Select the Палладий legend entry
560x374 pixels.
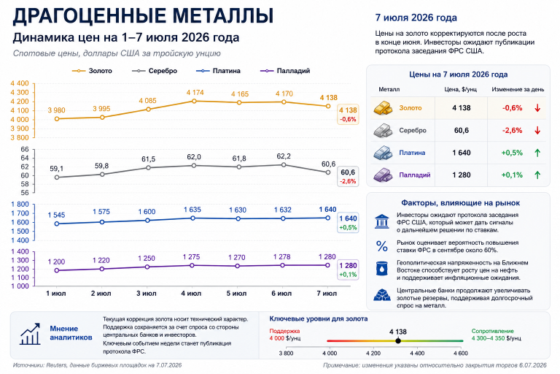[285, 71]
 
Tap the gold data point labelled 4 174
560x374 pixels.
[194, 101]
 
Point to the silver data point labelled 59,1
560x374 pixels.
[57, 178]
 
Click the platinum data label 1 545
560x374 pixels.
[56, 215]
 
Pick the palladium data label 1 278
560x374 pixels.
[281, 256]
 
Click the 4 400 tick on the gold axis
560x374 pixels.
[20, 83]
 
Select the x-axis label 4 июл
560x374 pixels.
[191, 294]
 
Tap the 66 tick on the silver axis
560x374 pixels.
[25, 149]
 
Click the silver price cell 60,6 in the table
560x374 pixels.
[462, 130]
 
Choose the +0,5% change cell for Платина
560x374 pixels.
[512, 153]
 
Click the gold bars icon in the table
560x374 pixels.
[383, 107]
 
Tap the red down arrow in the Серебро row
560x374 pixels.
[537, 130]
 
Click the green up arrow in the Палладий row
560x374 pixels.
[537, 175]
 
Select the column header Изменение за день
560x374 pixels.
[518, 89]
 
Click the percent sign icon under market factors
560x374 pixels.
[382, 246]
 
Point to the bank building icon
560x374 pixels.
[382, 221]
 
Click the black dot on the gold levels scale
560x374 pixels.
[398, 340]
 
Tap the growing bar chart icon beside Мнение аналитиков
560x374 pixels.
[30, 334]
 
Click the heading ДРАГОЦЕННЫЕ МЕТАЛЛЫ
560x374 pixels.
[143, 16]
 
